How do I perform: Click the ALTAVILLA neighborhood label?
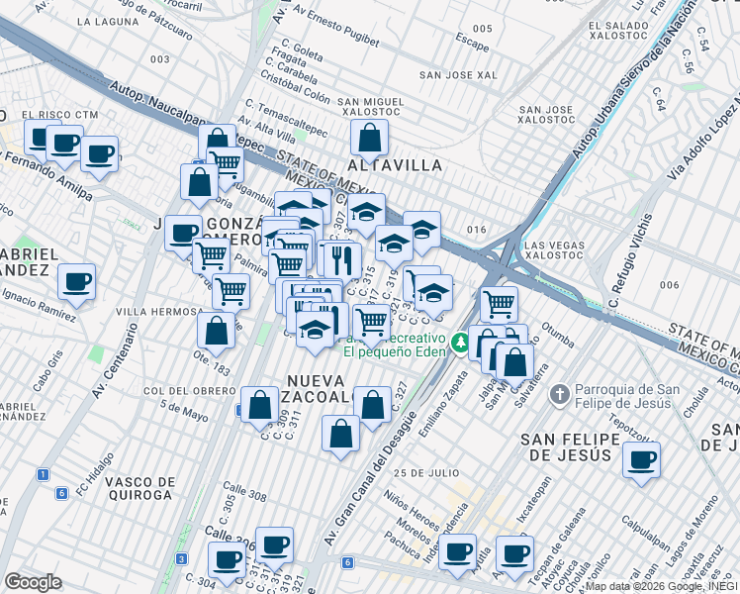pyautogui.click(x=394, y=165)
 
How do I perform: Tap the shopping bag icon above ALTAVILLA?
pyautogui.click(x=369, y=140)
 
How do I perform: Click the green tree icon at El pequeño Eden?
pyautogui.click(x=459, y=343)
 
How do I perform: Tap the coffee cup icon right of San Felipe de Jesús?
pyautogui.click(x=641, y=460)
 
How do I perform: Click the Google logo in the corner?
pyautogui.click(x=33, y=582)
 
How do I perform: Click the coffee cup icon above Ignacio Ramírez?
pyautogui.click(x=76, y=282)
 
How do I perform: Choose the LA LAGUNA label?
pyautogui.click(x=110, y=21)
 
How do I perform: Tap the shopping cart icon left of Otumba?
pyautogui.click(x=499, y=303)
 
